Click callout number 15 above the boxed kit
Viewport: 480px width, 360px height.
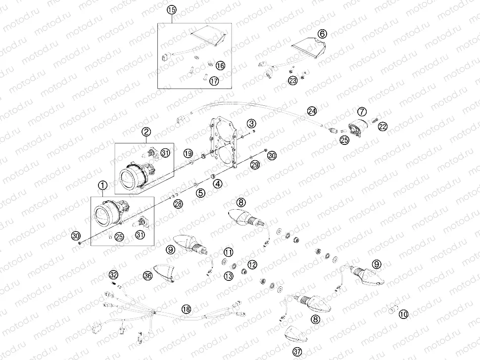click(172, 9)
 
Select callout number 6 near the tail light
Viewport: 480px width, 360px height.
click(322, 34)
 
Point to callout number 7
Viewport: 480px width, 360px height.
click(362, 111)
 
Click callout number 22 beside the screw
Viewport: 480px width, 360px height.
click(383, 127)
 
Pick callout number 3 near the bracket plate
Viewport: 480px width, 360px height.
click(252, 123)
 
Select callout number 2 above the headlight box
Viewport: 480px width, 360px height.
click(146, 132)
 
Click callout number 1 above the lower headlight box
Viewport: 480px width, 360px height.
click(102, 186)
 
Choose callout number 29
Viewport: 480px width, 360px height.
click(254, 165)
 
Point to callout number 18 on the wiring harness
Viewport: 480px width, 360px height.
click(186, 309)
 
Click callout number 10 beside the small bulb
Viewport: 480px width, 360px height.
click(403, 314)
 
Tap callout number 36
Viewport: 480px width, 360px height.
click(147, 276)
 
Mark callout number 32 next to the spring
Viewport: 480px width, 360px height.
click(114, 274)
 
